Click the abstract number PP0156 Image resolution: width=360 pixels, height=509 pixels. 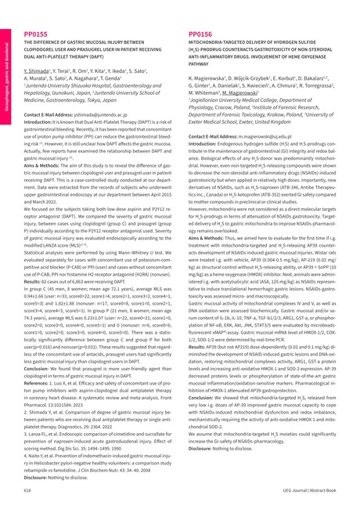pos(200,35)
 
